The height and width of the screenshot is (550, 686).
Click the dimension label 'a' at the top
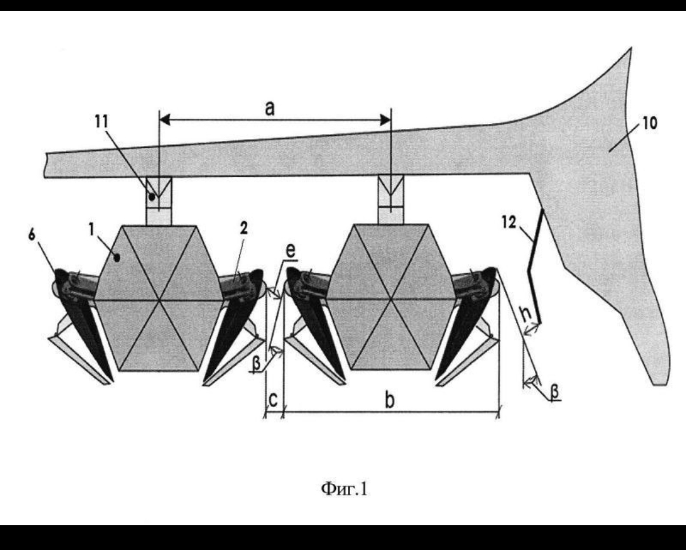tap(270, 109)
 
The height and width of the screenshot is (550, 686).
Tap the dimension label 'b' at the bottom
tap(389, 399)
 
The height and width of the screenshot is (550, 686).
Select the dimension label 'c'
tap(272, 401)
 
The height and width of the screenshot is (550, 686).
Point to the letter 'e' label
tap(290, 250)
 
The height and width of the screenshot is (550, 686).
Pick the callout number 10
tap(650, 123)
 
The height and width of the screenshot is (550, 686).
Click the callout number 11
tap(102, 121)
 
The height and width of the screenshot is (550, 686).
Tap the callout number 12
tap(509, 222)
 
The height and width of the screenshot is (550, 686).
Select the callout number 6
tap(32, 234)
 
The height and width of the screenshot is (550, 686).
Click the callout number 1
tap(91, 229)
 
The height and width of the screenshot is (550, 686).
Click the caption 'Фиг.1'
tap(344, 488)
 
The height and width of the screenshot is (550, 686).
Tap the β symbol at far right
tap(555, 391)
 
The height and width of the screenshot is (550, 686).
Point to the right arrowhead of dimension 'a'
tap(385, 119)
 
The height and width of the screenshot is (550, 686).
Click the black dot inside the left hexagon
tap(117, 258)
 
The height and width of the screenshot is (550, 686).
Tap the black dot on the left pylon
tap(151, 197)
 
